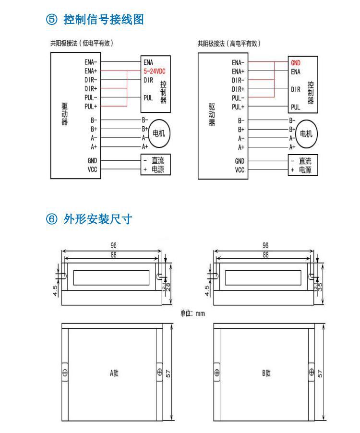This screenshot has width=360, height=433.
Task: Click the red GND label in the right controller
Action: (x=296, y=62)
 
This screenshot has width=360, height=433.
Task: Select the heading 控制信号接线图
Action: (x=103, y=20)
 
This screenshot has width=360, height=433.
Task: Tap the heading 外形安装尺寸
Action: (x=97, y=219)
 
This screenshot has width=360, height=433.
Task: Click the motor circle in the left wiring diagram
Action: (x=158, y=133)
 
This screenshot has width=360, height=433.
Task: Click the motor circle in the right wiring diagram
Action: (x=306, y=133)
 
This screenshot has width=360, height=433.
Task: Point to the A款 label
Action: (x=114, y=373)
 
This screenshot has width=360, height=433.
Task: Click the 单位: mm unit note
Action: (x=192, y=313)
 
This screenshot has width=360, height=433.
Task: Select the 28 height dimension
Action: (x=168, y=287)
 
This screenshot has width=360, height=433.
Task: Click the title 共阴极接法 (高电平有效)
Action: (x=229, y=43)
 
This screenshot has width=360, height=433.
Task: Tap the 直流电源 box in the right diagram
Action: (x=303, y=165)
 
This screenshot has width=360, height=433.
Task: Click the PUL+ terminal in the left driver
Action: (x=91, y=106)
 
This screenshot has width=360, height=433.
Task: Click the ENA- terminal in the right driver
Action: (x=238, y=62)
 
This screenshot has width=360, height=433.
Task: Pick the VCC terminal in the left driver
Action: (x=93, y=169)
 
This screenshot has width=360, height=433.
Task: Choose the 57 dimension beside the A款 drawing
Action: (x=168, y=373)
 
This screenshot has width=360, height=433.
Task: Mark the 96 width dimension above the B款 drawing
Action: (x=265, y=245)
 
